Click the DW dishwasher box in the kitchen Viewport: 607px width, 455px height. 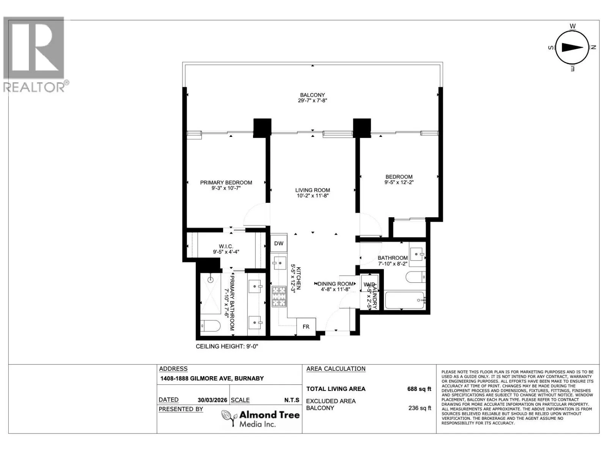(x=278, y=243)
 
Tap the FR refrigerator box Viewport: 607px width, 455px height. (x=306, y=327)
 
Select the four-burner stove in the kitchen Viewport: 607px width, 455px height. (x=279, y=297)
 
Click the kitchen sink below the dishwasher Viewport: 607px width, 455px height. (x=279, y=263)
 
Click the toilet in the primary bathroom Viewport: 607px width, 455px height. (x=210, y=326)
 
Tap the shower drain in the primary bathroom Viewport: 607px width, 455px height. (x=211, y=280)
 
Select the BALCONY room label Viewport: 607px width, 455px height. (x=313, y=95)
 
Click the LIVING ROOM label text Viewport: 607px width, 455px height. (x=313, y=190)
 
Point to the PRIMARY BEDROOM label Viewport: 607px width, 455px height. (x=226, y=183)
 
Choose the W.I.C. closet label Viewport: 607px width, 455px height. (x=226, y=246)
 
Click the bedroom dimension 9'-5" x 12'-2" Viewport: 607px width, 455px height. (x=399, y=182)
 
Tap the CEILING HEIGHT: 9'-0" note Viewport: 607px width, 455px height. (x=227, y=347)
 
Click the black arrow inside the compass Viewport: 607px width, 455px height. (x=573, y=47)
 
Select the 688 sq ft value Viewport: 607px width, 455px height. (x=419, y=389)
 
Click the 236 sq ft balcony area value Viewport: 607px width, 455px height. (x=420, y=408)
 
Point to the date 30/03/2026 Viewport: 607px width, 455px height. (x=212, y=400)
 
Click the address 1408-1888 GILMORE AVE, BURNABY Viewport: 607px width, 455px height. (x=212, y=378)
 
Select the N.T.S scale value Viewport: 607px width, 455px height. (x=292, y=400)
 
